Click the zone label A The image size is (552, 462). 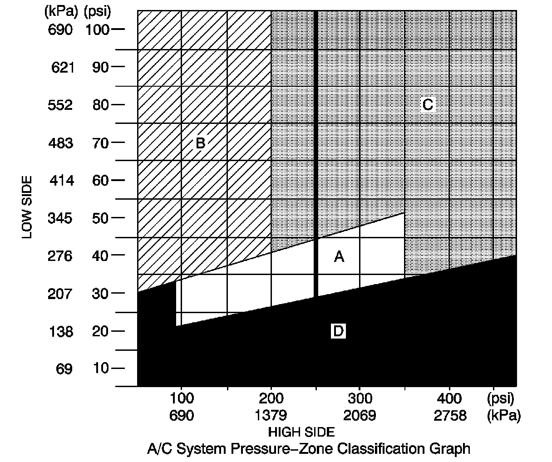[x=339, y=257]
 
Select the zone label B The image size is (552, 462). [x=200, y=143]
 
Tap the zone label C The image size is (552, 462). [x=427, y=105]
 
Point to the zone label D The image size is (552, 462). [x=338, y=331]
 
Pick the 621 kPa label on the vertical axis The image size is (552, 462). [x=61, y=68]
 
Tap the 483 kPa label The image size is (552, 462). [x=60, y=143]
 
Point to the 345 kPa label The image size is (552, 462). [x=60, y=218]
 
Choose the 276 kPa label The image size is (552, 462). [x=60, y=256]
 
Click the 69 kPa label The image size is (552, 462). [x=64, y=369]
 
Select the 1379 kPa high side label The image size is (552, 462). [x=271, y=415]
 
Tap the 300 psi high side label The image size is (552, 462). [x=360, y=399]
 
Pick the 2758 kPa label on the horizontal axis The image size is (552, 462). [x=449, y=415]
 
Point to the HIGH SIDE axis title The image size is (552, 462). [x=301, y=432]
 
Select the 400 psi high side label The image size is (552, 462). [x=449, y=399]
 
